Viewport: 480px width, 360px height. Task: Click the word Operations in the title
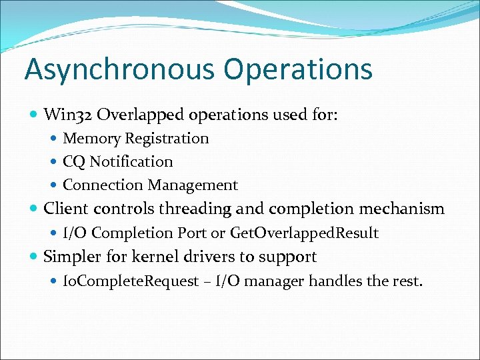[298, 70]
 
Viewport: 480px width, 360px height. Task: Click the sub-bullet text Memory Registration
[135, 139]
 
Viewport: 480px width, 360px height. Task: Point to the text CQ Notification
[117, 162]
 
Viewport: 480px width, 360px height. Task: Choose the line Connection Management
[150, 185]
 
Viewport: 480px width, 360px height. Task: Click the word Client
[66, 209]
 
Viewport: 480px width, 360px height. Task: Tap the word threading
[198, 209]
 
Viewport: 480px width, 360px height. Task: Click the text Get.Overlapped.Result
[304, 233]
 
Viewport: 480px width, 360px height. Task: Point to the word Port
[193, 233]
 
